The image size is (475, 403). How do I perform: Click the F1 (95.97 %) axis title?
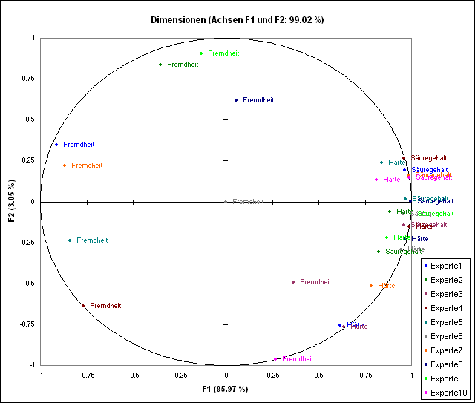pos(226,389)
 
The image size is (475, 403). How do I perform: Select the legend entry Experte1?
pos(445,266)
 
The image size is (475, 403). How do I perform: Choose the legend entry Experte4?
pos(445,308)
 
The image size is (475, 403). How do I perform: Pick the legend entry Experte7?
pos(445,350)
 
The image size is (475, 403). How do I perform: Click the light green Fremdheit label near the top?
pos(224,53)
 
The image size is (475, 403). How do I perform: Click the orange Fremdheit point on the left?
pos(65,166)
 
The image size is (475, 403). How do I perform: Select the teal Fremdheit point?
pos(70,240)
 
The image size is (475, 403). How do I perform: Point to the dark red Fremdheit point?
pos(83,306)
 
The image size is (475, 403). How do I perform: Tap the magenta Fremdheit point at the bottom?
pos(275,359)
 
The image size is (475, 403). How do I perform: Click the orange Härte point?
pos(371,286)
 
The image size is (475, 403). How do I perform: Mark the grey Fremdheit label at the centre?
pos(248,202)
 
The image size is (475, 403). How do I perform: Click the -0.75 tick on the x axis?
pos(86,375)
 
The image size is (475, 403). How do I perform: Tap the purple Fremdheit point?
pos(293,282)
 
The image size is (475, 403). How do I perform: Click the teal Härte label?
pos(397,163)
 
